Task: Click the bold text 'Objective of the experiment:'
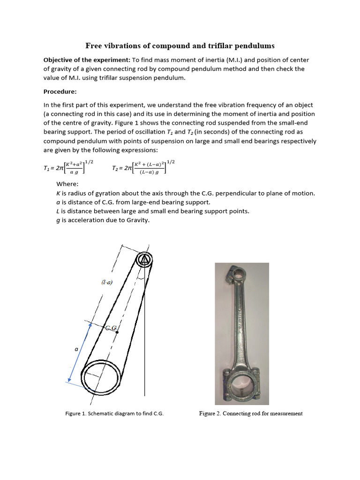pyautogui.click(x=87, y=60)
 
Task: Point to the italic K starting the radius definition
pyautogui.click(x=58, y=193)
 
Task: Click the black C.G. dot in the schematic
pyautogui.click(x=117, y=332)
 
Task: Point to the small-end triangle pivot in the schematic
pyautogui.click(x=144, y=259)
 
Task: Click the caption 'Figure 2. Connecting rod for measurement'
pyautogui.click(x=251, y=414)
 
